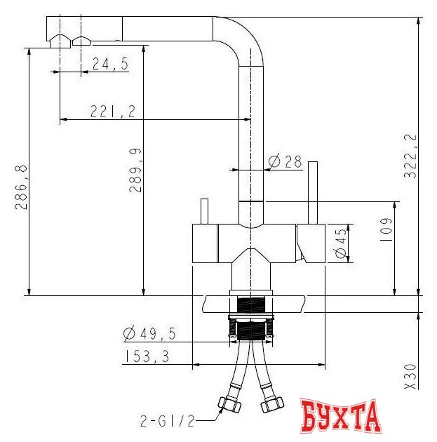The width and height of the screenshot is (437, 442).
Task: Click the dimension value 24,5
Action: pyautogui.click(x=109, y=65)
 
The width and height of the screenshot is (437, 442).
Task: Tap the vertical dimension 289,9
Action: pyautogui.click(x=136, y=170)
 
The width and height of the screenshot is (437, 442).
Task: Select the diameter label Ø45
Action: pyautogui.click(x=342, y=243)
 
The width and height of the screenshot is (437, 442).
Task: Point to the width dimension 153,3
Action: pyautogui.click(x=146, y=356)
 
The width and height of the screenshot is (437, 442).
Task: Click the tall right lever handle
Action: pyautogui.click(x=314, y=192)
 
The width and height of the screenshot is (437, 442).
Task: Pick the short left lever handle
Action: pyautogui.click(x=205, y=211)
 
